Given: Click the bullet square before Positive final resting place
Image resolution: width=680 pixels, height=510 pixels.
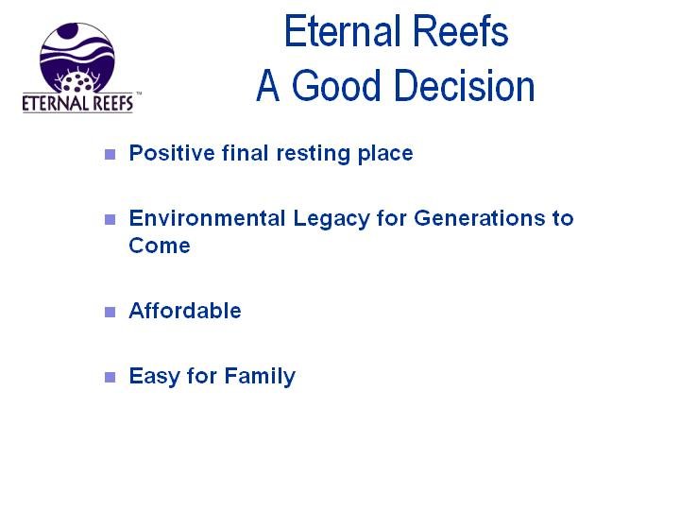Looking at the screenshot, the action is coord(110,154).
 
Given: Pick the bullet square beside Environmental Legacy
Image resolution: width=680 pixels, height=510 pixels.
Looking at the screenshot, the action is coord(110,219).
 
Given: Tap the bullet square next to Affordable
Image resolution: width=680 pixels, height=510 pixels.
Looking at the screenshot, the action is coord(110,312).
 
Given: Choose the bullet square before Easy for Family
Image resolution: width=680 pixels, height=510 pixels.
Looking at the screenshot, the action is coord(110,377).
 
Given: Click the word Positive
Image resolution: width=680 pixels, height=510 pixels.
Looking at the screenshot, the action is coord(172,153).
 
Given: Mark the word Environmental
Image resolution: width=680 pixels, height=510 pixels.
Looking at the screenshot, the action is coord(207,218).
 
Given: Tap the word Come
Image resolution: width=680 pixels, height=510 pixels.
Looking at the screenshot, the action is coord(160,246).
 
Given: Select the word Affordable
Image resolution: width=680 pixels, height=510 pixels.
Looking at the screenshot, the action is coord(185,311).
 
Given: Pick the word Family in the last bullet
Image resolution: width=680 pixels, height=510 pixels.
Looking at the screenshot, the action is coord(260,377).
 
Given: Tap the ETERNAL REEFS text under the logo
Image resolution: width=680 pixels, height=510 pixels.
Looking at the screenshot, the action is coord(77,103).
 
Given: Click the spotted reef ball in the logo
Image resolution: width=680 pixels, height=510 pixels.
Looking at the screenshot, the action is coord(78,81).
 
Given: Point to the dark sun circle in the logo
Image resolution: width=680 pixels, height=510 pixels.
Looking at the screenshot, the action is coord(68,31).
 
